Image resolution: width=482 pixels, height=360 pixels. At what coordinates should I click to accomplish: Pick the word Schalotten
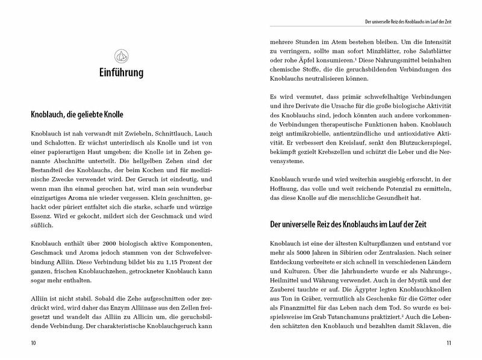pos(62,145)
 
